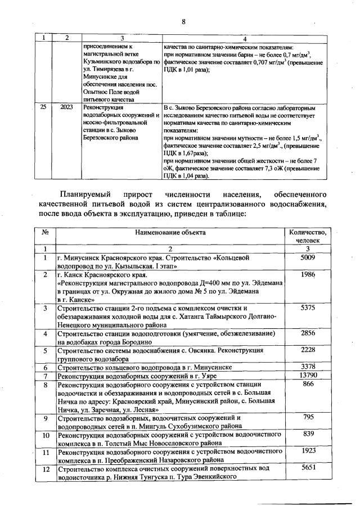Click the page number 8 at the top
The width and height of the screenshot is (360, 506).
[x=183, y=21]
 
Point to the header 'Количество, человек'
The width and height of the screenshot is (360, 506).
[x=307, y=236]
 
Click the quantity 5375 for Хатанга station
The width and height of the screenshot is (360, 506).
[x=307, y=308]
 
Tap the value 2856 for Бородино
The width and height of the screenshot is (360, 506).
[x=307, y=333]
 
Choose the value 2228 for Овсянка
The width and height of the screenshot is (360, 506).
[x=307, y=350]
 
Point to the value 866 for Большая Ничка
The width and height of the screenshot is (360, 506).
[x=307, y=384]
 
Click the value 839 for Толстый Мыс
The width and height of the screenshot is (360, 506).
[x=307, y=434]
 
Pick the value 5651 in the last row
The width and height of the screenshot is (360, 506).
[x=307, y=468]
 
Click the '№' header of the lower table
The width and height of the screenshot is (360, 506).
[x=44, y=232]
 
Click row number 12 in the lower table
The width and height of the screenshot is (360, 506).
[x=44, y=468]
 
